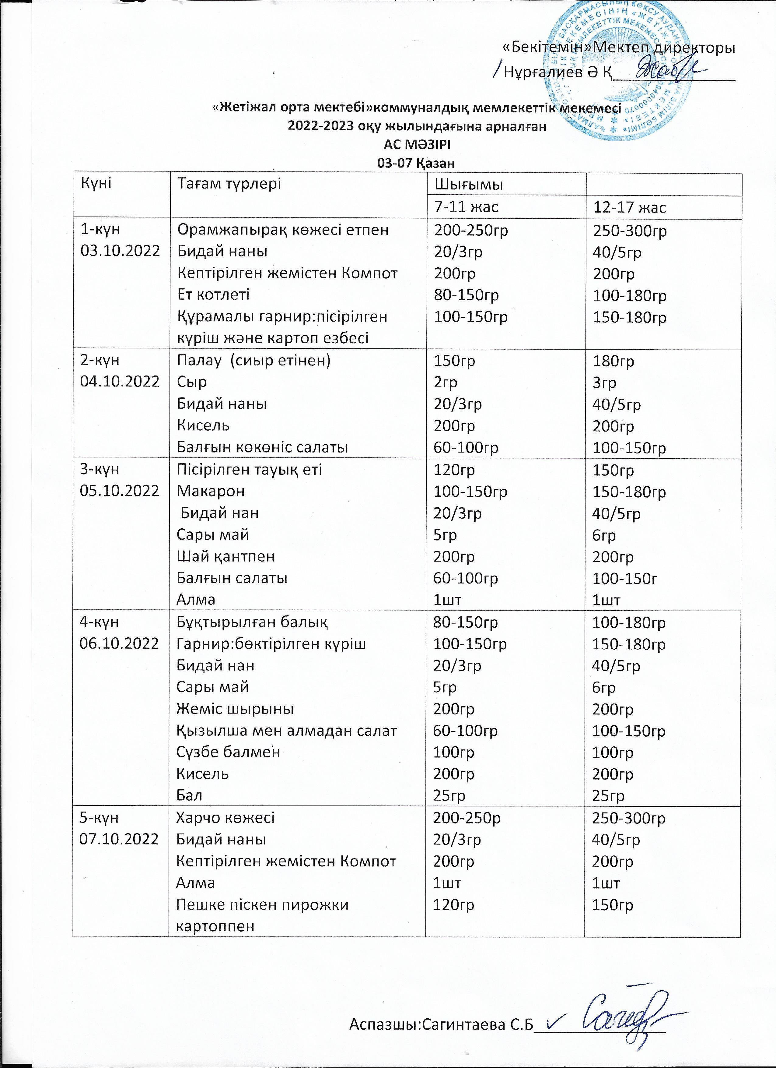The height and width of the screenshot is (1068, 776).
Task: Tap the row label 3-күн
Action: click(x=100, y=470)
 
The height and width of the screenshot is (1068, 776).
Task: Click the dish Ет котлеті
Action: click(x=213, y=294)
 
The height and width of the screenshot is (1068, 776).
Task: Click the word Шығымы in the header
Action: click(x=468, y=185)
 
